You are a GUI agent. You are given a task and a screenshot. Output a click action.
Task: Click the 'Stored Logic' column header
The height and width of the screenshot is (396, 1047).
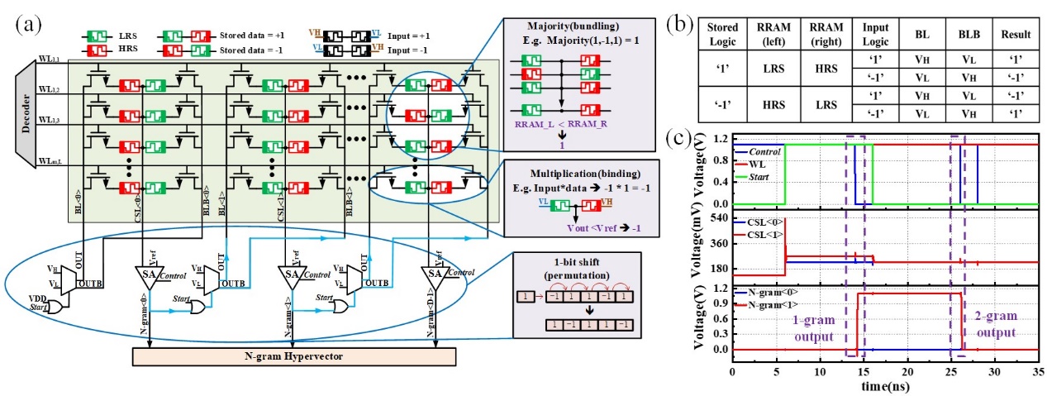(723, 35)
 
